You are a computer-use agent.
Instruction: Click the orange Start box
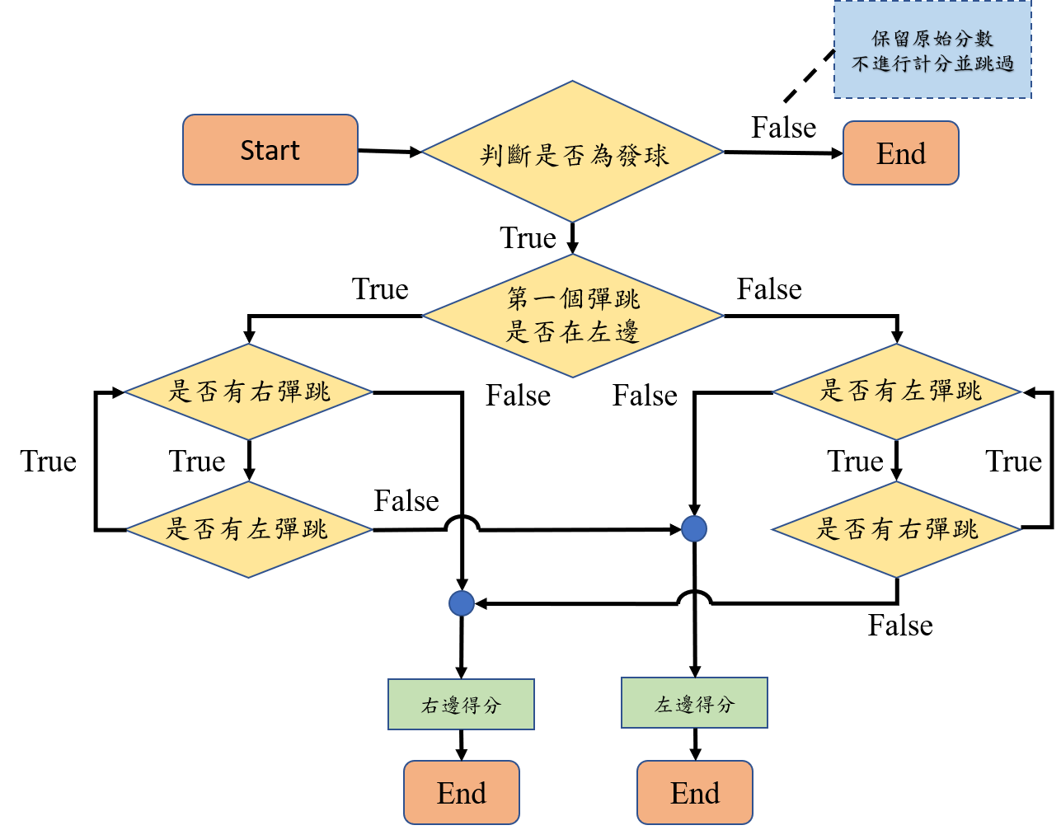pyautogui.click(x=270, y=150)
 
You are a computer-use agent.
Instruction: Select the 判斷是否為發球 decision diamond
pyautogui.click(x=572, y=152)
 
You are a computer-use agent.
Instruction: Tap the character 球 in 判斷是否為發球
pyautogui.click(x=657, y=154)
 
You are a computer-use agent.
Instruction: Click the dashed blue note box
pyautogui.click(x=932, y=50)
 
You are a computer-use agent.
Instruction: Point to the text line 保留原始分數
pyautogui.click(x=932, y=39)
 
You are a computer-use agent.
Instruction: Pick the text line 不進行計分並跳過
pyautogui.click(x=932, y=63)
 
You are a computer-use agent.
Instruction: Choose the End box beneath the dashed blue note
pyautogui.click(x=900, y=153)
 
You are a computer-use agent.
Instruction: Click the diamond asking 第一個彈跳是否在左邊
pyautogui.click(x=572, y=316)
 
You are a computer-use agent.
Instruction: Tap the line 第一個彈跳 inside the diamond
pyautogui.click(x=573, y=299)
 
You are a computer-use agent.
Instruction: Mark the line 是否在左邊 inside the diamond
pyautogui.click(x=572, y=332)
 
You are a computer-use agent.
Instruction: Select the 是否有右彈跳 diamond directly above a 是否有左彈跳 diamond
pyautogui.click(x=248, y=392)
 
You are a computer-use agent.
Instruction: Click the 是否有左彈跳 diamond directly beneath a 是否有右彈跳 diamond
pyautogui.click(x=248, y=529)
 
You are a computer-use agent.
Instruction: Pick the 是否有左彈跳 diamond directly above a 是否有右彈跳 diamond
pyautogui.click(x=897, y=392)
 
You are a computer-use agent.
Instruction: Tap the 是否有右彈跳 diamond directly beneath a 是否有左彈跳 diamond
pyautogui.click(x=897, y=529)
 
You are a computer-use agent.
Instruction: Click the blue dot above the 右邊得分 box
pyautogui.click(x=462, y=604)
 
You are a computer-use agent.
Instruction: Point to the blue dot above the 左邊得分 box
pyautogui.click(x=694, y=529)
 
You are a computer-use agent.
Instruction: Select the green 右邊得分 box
pyautogui.click(x=461, y=705)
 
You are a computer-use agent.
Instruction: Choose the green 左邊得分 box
pyautogui.click(x=694, y=703)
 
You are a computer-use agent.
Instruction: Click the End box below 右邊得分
pyautogui.click(x=462, y=793)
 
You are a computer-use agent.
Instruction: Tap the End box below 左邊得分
pyautogui.click(x=695, y=793)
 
